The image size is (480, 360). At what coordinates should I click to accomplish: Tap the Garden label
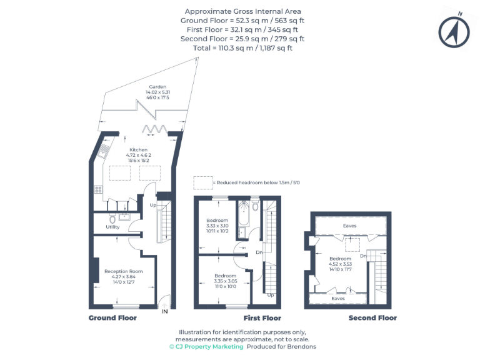[157, 86]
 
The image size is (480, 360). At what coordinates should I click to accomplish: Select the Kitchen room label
[139, 150]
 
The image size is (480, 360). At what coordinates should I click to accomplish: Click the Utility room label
[112, 227]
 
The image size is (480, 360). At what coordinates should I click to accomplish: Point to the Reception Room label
[124, 271]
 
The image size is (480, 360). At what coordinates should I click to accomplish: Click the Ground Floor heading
[112, 317]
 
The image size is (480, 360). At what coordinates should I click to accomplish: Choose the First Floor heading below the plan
[261, 317]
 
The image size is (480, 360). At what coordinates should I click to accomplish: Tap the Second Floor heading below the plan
[372, 317]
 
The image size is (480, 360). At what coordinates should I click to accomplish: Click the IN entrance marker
[164, 311]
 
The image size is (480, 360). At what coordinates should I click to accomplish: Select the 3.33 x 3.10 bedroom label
[218, 221]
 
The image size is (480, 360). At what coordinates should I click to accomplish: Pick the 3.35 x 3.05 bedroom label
[225, 276]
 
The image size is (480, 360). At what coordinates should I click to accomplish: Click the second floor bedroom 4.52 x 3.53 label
[341, 259]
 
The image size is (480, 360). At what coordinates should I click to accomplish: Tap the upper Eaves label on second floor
[350, 226]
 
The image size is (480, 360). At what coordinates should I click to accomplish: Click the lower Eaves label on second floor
[338, 299]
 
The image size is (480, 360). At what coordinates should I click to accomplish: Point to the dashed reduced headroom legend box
[202, 182]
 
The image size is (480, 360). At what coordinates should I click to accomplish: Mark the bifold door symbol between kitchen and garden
[152, 129]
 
